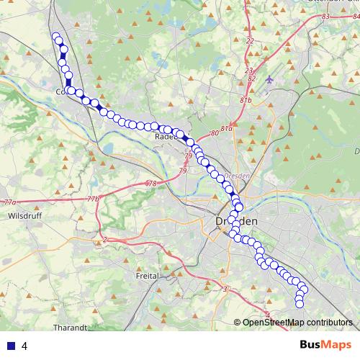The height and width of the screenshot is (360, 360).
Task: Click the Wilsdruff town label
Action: tap(22, 215)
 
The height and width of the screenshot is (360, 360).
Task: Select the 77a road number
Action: tap(9, 202)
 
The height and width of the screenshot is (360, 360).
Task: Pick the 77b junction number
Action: tap(92, 198)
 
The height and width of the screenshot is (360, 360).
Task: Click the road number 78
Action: tap(150, 184)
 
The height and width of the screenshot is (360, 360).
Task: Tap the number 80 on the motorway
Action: tap(214, 133)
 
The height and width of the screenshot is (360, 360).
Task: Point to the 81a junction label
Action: tap(227, 128)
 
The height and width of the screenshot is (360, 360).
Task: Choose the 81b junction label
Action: tap(247, 100)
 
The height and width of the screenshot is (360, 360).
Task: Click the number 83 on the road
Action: tap(325, 16)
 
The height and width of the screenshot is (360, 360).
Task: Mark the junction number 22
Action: tap(250, 41)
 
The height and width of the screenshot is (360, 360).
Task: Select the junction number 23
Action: tap(248, 70)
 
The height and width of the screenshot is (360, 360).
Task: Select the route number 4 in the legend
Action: tap(24, 346)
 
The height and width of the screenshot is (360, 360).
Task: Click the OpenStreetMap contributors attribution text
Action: tap(297, 322)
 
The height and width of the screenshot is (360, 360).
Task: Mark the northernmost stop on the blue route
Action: tap(55, 37)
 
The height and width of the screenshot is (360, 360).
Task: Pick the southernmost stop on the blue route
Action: tap(300, 304)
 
